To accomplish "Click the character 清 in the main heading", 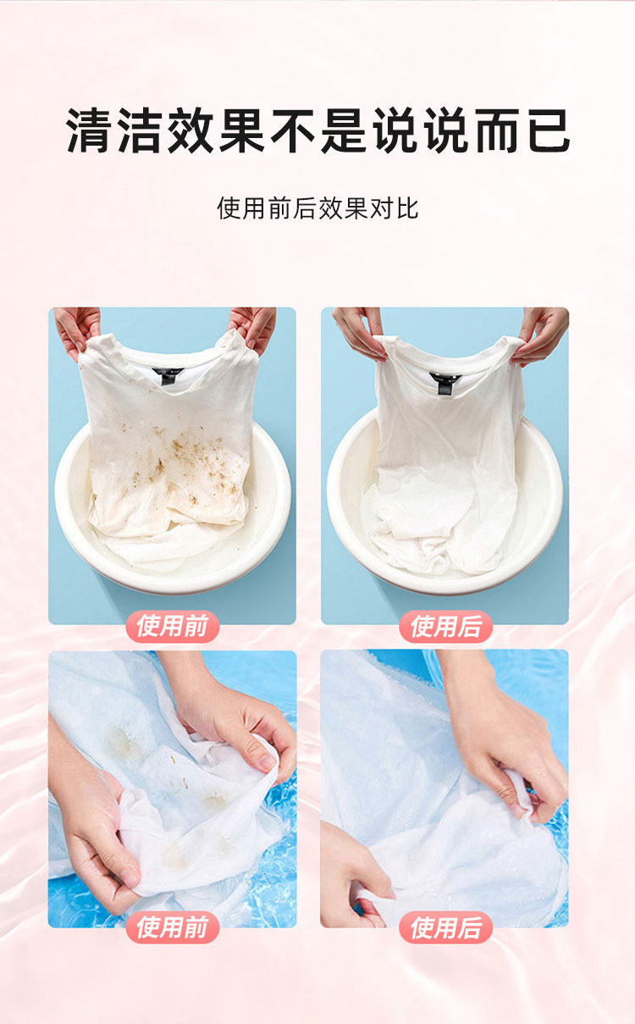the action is (x=90, y=130).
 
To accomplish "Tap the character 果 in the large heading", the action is (x=243, y=130).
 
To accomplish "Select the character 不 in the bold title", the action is (x=294, y=130).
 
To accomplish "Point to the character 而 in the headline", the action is (x=498, y=130).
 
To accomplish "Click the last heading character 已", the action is (x=548, y=130).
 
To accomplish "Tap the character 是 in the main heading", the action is (x=345, y=130).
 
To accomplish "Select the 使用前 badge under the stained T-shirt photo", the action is (x=173, y=626).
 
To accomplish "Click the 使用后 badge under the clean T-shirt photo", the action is (x=446, y=626).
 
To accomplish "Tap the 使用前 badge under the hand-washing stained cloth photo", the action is (x=173, y=927).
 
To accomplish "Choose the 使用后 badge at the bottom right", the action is (x=446, y=927).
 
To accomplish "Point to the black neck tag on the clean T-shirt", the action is (x=442, y=382).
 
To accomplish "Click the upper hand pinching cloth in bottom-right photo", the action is (x=503, y=736).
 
